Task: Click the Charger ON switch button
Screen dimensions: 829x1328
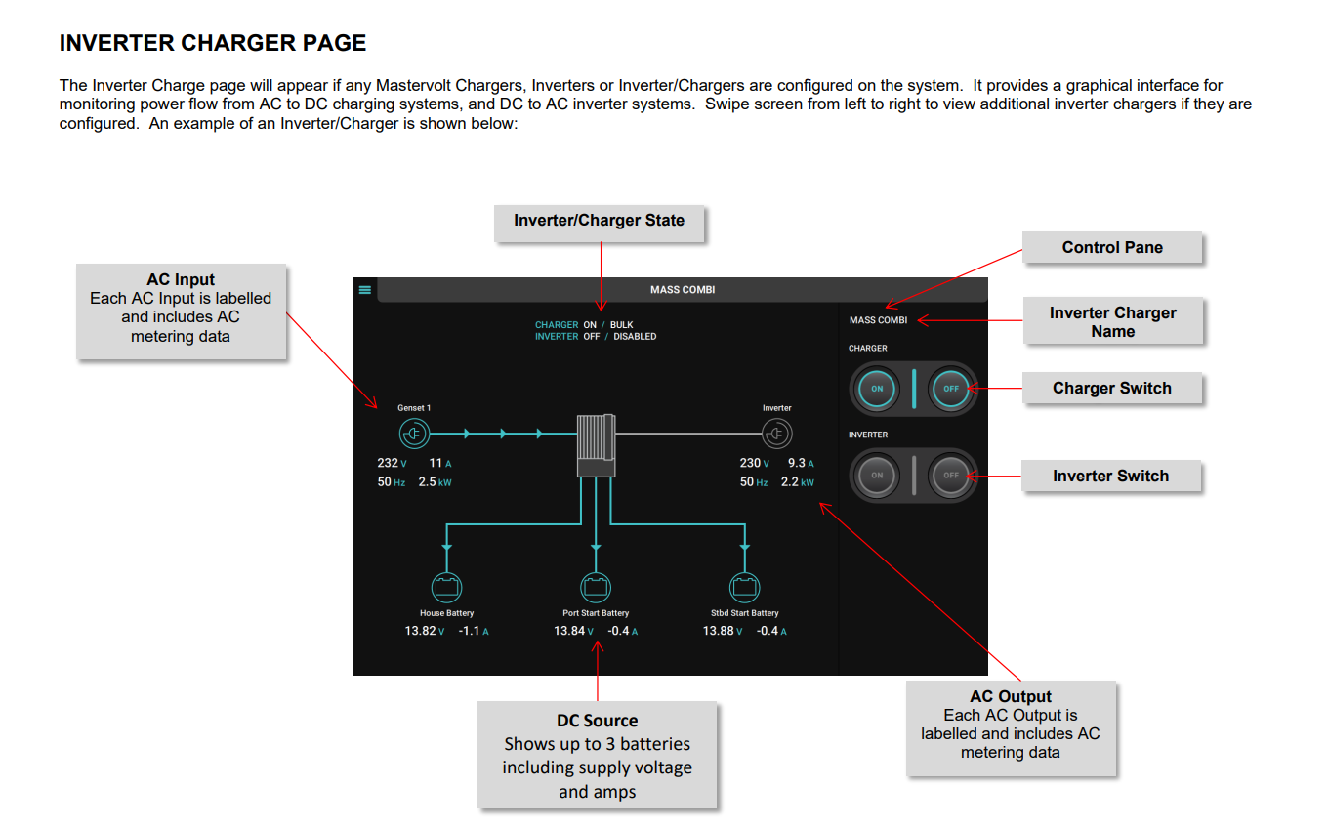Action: pos(877,389)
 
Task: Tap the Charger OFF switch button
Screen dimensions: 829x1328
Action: pos(951,389)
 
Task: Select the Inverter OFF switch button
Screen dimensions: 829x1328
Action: pos(951,476)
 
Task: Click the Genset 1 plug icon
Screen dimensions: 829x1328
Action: pos(414,433)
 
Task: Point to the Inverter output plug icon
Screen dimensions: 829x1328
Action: pos(776,433)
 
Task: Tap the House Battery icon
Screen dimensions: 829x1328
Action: pos(446,588)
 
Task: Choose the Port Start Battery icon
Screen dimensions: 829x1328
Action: pos(596,588)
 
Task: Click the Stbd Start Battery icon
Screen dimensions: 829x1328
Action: pos(745,588)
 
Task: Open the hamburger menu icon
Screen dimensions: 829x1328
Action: pos(364,289)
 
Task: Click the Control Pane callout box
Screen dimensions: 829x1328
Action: pos(1112,248)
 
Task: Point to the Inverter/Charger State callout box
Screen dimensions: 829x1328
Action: pos(600,222)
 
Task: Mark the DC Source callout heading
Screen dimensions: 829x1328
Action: pos(598,721)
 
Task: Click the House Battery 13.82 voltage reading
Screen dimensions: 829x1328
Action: pos(421,631)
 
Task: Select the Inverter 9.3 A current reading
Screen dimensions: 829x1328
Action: pos(797,463)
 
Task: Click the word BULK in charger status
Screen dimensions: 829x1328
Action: pos(622,325)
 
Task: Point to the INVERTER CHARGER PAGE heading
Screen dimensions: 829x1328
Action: pos(213,43)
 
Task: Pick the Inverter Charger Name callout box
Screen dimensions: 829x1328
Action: pos(1112,322)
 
